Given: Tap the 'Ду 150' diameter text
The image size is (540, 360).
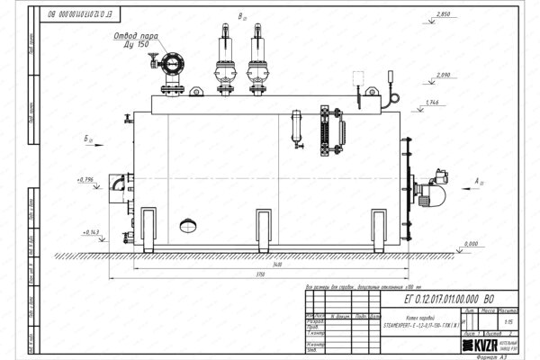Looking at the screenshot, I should coord(138,45).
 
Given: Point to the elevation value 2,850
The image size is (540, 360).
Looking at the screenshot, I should coord(443,16).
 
